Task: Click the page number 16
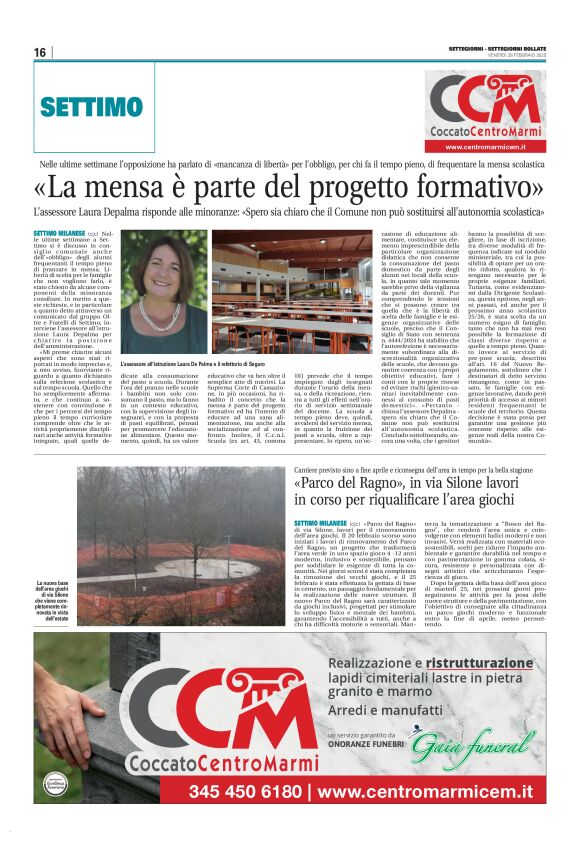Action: click(40, 52)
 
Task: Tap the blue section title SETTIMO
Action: click(91, 107)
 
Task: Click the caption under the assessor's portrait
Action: click(201, 362)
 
